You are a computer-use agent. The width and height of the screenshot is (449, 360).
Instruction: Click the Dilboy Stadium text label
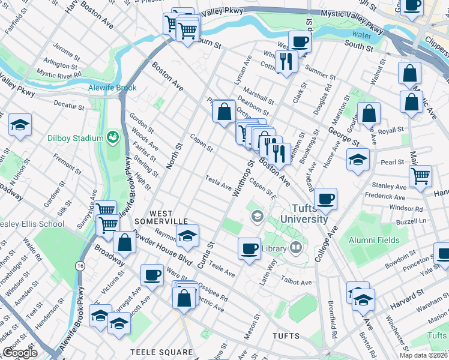pos(76,138)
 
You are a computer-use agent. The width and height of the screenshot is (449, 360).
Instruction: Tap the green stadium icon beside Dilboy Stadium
pos(112,138)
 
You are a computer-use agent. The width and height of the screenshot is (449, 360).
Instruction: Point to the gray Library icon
pos(295,247)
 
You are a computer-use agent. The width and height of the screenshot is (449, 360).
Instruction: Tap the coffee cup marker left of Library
pos(249,247)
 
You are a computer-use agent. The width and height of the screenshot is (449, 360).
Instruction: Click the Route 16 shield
pos(79,265)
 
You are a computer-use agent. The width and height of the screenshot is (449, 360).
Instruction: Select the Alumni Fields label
pos(374,240)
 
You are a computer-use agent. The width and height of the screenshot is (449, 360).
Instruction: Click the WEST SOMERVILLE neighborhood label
pos(169,217)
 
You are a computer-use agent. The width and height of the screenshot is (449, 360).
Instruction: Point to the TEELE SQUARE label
pos(163,352)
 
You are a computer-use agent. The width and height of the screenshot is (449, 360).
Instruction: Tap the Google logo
pos(20,353)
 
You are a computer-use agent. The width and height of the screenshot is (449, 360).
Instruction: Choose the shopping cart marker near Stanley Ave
pos(420,175)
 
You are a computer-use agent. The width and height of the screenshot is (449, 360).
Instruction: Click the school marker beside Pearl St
pos(358,159)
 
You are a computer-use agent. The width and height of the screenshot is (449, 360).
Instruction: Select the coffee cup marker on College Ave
pos(325,199)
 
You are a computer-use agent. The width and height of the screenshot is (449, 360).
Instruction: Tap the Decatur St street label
pos(68,107)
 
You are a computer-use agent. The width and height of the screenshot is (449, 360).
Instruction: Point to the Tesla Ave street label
pos(218,182)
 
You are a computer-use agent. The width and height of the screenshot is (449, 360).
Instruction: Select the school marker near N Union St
pos(20,125)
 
